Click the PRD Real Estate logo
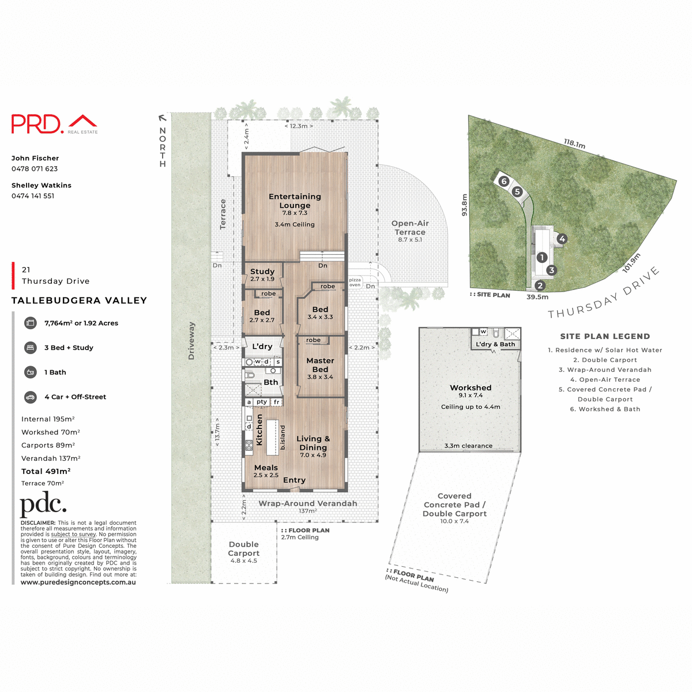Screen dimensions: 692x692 [54, 124]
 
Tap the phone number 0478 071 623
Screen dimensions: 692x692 [35, 169]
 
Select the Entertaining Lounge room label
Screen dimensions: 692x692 [295, 201]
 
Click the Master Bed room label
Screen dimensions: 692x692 [320, 365]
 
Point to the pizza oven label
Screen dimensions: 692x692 [355, 282]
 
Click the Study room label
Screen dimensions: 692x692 [262, 272]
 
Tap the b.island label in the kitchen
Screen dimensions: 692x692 [283, 437]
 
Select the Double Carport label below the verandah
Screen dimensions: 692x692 [244, 549]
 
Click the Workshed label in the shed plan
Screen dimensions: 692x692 [471, 388]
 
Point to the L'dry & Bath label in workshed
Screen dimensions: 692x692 [495, 344]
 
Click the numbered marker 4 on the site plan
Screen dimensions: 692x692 [562, 239]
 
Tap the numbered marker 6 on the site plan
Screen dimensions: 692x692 [504, 181]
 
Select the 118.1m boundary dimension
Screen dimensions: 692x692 [574, 144]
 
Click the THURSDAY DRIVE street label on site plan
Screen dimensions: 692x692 [603, 294]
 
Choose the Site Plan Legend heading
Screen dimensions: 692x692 [605, 336]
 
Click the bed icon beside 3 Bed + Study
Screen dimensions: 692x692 [30, 348]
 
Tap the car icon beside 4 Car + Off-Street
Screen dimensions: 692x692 [30, 397]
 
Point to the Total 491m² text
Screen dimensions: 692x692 [46, 471]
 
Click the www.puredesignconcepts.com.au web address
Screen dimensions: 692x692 [78, 582]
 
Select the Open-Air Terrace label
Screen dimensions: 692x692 [410, 228]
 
